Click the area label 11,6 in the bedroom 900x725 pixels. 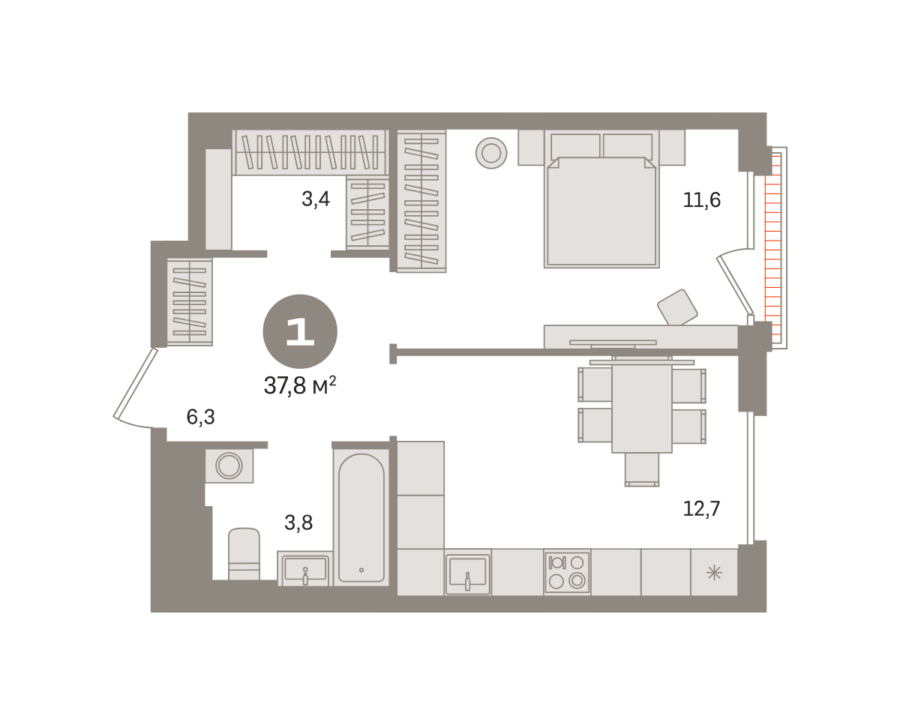(701, 200)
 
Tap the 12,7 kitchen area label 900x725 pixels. (701, 509)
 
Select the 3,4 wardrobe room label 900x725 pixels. (316, 199)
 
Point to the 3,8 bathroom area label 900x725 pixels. (298, 523)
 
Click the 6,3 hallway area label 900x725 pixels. (201, 417)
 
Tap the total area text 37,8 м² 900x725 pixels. (300, 385)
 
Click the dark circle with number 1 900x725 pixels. (300, 331)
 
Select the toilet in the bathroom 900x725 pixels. (244, 553)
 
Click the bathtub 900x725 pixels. (361, 517)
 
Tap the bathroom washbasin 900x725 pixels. (305, 568)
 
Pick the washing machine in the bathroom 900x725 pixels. (229, 466)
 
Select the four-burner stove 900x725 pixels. (567, 571)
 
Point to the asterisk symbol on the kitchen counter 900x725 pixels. (714, 572)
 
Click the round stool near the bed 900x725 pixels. (491, 153)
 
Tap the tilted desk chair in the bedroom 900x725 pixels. (677, 307)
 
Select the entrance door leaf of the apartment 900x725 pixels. (135, 383)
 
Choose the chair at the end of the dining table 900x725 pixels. (642, 470)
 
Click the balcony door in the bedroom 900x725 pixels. (735, 286)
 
